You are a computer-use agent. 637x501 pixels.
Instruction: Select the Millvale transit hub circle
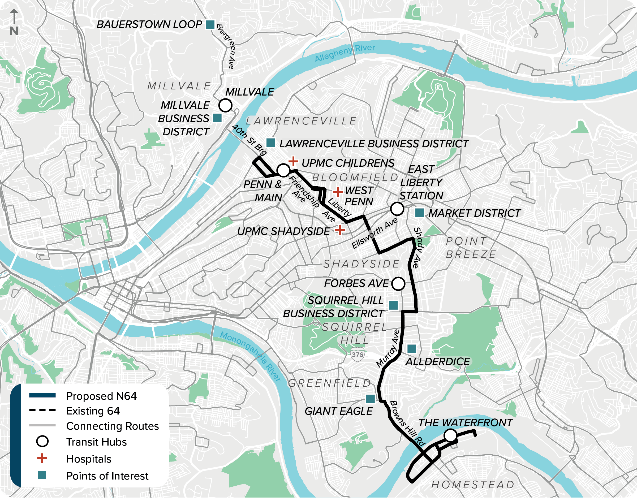tap(225, 105)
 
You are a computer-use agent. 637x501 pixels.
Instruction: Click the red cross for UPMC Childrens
tap(293, 161)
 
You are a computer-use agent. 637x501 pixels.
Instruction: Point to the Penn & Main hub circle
tap(283, 170)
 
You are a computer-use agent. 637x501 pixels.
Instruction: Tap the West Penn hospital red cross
tap(337, 192)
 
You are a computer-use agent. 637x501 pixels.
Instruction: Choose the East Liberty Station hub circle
tap(397, 209)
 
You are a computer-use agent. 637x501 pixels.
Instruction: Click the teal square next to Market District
tap(420, 213)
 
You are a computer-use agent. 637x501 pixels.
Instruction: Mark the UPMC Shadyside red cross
tap(340, 230)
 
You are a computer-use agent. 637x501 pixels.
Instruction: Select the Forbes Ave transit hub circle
tap(398, 284)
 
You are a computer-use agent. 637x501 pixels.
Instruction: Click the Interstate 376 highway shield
tap(357, 354)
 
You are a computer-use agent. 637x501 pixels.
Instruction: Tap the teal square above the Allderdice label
tap(412, 349)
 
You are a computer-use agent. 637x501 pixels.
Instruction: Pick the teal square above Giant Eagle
tap(370, 399)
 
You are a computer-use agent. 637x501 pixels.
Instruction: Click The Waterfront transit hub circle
tap(450, 435)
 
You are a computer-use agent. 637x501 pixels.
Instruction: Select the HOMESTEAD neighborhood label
tap(473, 485)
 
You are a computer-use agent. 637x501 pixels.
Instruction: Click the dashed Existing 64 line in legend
tap(42, 410)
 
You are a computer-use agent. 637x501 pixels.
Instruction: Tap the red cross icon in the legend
tap(42, 458)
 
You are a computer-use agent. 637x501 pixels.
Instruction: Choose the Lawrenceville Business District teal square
tap(270, 143)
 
